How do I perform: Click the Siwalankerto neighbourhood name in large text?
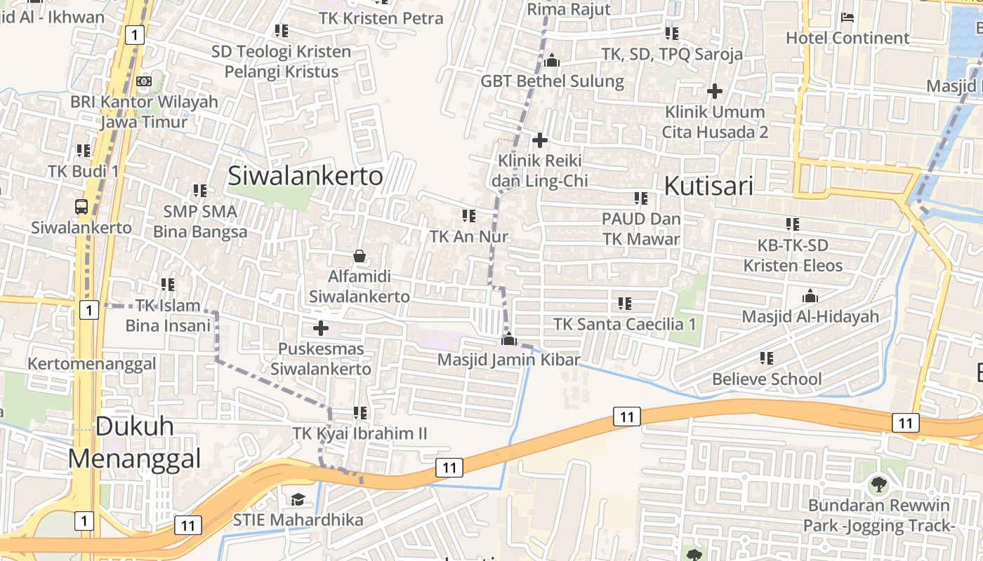click(305, 175)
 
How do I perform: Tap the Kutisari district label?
click(708, 186)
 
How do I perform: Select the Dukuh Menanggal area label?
click(134, 442)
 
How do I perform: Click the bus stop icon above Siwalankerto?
click(81, 207)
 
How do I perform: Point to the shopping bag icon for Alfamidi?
click(359, 256)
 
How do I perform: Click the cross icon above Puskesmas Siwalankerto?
click(321, 327)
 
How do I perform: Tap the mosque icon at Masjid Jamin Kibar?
click(508, 340)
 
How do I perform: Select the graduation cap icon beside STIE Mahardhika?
click(298, 499)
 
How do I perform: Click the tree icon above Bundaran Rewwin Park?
click(878, 484)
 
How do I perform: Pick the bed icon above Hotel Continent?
click(847, 17)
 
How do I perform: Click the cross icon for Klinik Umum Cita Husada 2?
click(715, 90)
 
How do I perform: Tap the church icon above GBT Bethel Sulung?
click(552, 61)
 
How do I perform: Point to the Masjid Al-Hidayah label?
click(810, 316)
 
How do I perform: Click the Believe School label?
click(767, 379)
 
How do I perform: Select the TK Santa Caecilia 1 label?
click(624, 324)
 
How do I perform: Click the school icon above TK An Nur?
click(468, 216)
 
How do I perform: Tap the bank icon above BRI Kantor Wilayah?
click(144, 81)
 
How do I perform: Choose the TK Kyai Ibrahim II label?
click(359, 433)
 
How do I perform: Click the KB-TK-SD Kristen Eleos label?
click(793, 255)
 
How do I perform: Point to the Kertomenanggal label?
click(91, 364)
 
